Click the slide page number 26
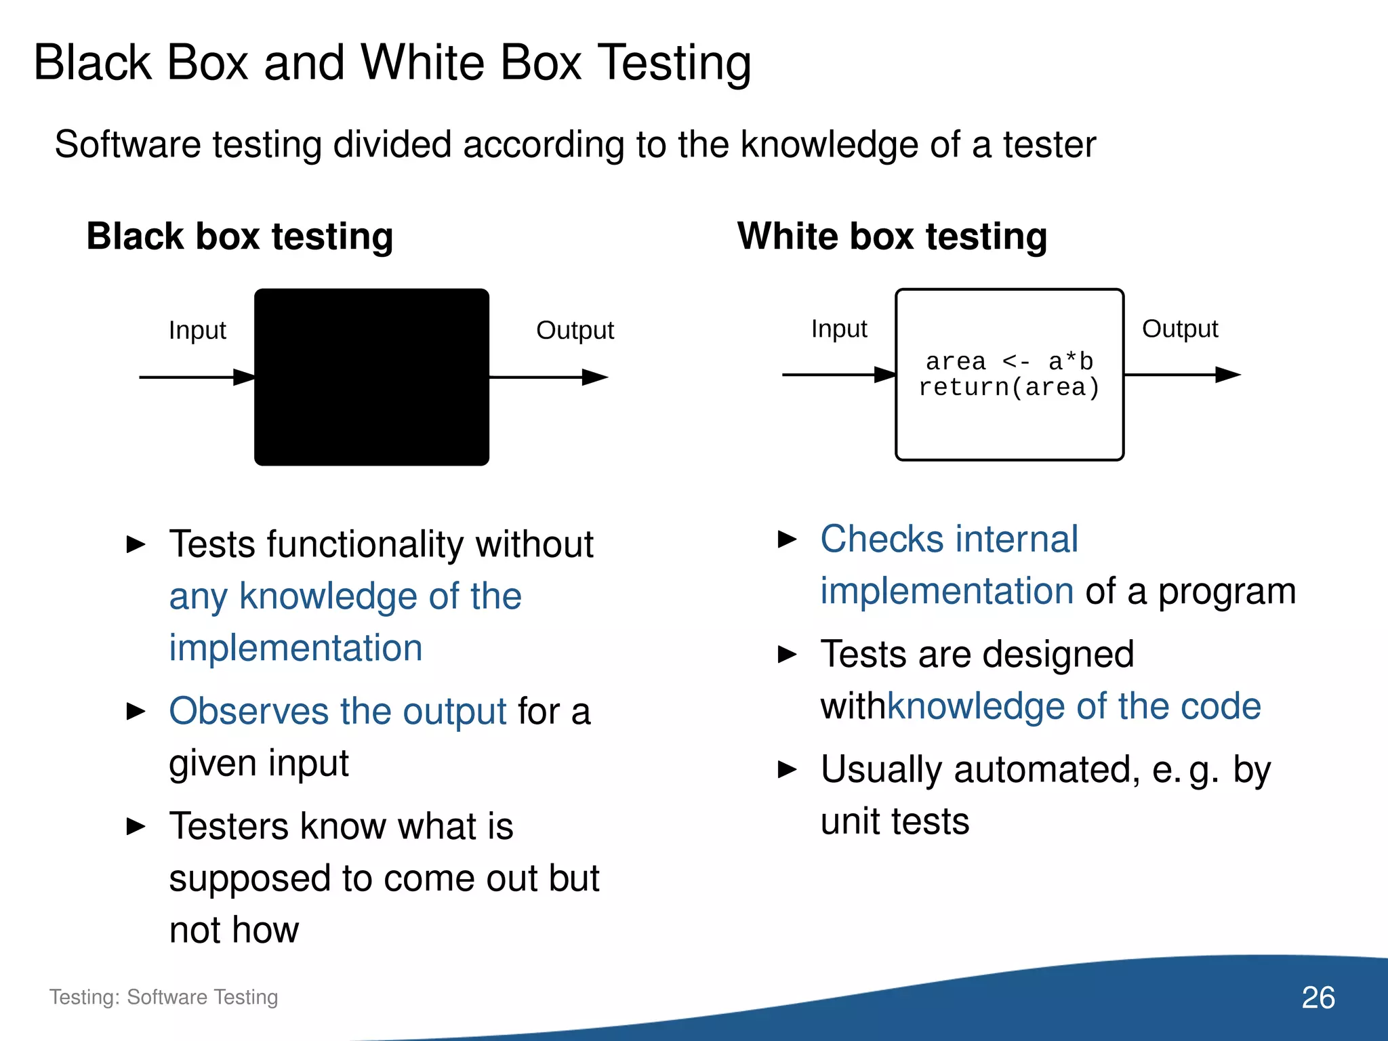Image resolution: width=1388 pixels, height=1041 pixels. click(1318, 998)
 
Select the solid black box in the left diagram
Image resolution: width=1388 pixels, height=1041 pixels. click(371, 377)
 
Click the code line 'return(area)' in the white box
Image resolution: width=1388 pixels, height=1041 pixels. click(1008, 388)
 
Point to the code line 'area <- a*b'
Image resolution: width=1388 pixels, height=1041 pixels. click(1009, 361)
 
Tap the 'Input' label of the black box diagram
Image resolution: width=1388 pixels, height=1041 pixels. click(197, 331)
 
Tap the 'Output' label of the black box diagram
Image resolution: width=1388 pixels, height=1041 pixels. click(575, 331)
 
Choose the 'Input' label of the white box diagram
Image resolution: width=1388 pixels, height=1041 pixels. click(839, 329)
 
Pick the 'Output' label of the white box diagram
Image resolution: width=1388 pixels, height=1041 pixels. click(1180, 329)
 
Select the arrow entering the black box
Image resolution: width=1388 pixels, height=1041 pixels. click(197, 377)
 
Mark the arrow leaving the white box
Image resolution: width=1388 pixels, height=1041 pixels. click(1182, 374)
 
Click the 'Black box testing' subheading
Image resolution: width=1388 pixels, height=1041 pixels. click(240, 237)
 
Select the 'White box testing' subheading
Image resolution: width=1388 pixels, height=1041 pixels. click(892, 237)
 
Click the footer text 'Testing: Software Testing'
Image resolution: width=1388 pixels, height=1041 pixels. click(163, 997)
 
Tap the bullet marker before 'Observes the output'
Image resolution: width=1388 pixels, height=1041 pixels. click(136, 712)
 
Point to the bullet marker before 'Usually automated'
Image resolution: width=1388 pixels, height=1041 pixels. click(787, 770)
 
